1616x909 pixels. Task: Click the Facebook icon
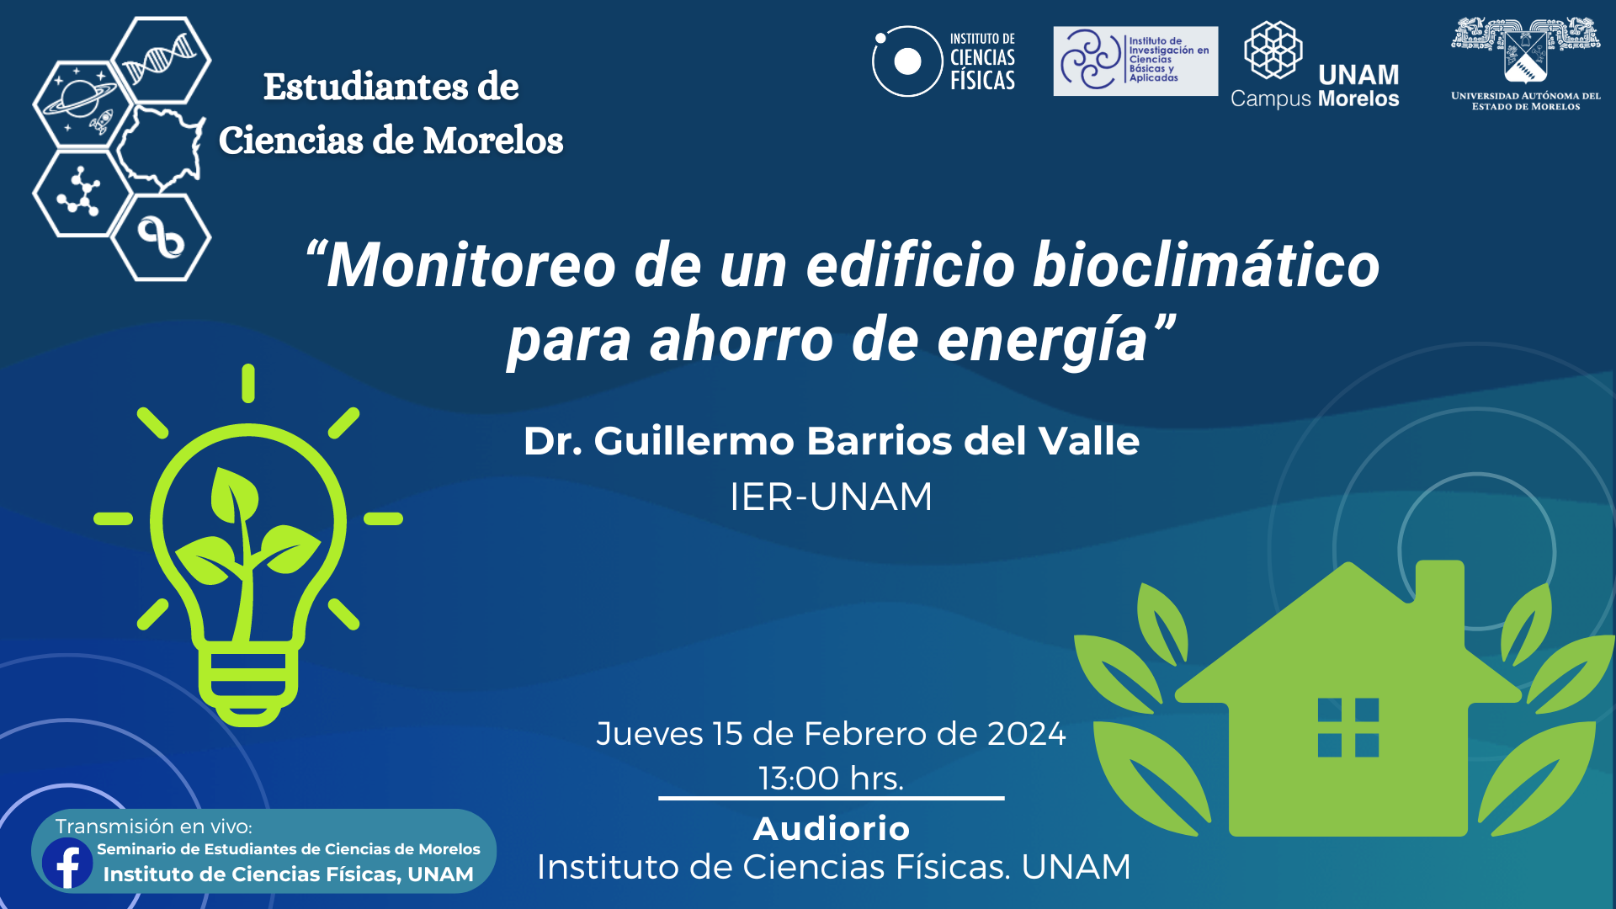(67, 863)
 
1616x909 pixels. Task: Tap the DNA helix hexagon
(161, 61)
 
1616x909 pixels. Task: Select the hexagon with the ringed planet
(82, 104)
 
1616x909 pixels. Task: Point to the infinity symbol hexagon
(161, 237)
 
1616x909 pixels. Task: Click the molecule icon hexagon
(82, 193)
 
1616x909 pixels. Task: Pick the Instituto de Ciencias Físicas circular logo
(906, 61)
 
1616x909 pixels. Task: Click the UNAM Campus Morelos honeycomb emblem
(1273, 50)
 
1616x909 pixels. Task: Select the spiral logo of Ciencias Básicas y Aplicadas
(1090, 60)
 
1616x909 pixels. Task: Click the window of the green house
(1348, 727)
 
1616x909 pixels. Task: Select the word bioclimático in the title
(1206, 265)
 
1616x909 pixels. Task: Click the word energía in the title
(1043, 340)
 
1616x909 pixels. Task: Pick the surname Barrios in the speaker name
(879, 441)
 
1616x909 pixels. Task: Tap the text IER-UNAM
(831, 497)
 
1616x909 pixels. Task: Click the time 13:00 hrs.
(831, 779)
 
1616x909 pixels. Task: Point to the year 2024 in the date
(1026, 734)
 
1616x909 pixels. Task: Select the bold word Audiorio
(832, 829)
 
